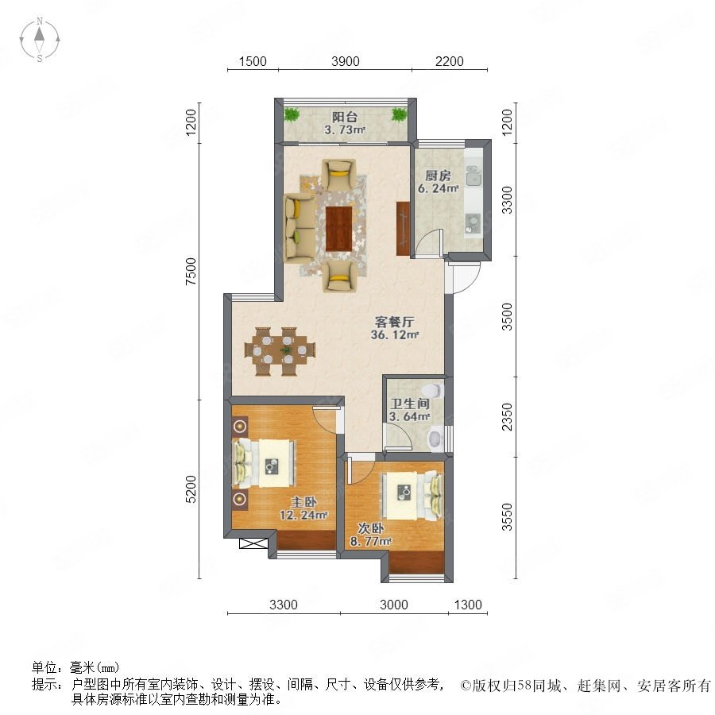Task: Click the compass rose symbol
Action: (x=40, y=40)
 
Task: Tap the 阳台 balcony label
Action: (x=344, y=117)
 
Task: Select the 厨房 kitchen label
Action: (x=438, y=176)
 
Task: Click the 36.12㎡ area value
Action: (x=395, y=335)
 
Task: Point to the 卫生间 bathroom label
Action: (x=410, y=404)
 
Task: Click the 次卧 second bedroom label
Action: (x=371, y=528)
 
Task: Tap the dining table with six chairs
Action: (x=280, y=351)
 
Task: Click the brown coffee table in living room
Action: (x=339, y=229)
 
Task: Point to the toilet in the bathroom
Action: (x=433, y=391)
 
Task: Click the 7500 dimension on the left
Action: (x=191, y=272)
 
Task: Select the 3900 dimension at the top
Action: (x=346, y=61)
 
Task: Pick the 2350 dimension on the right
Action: (x=507, y=416)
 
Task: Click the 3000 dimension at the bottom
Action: (x=394, y=605)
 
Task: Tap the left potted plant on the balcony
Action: (x=292, y=114)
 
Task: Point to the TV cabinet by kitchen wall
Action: (x=403, y=228)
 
